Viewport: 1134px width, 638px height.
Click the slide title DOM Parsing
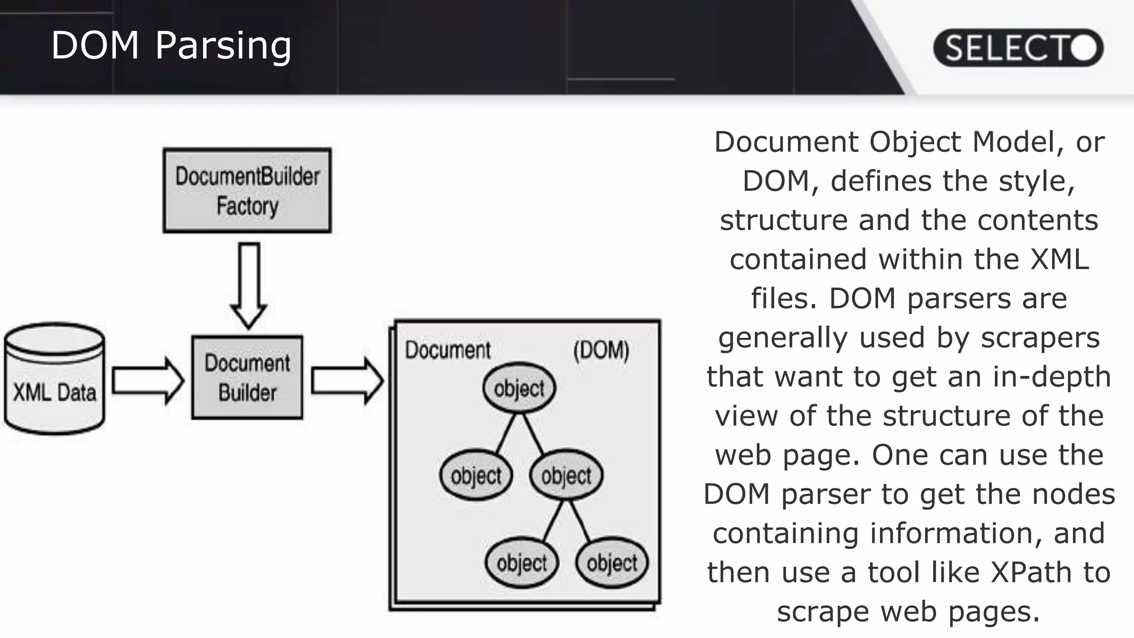click(171, 45)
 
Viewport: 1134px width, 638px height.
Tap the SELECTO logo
click(1018, 48)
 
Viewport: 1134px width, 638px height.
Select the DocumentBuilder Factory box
click(247, 191)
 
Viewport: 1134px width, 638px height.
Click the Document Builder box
click(247, 377)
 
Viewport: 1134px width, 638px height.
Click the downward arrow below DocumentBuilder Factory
click(249, 285)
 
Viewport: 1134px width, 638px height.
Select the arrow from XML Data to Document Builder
click(147, 380)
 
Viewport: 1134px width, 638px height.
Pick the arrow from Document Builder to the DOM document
click(347, 380)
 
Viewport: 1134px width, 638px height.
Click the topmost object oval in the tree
click(519, 388)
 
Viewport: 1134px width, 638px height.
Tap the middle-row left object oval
click(476, 475)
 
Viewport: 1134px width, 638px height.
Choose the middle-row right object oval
click(566, 475)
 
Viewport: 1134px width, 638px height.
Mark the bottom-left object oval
click(522, 563)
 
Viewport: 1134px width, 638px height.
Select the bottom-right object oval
click(612, 563)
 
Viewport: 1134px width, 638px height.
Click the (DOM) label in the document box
click(601, 350)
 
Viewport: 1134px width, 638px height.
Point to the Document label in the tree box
click(447, 350)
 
